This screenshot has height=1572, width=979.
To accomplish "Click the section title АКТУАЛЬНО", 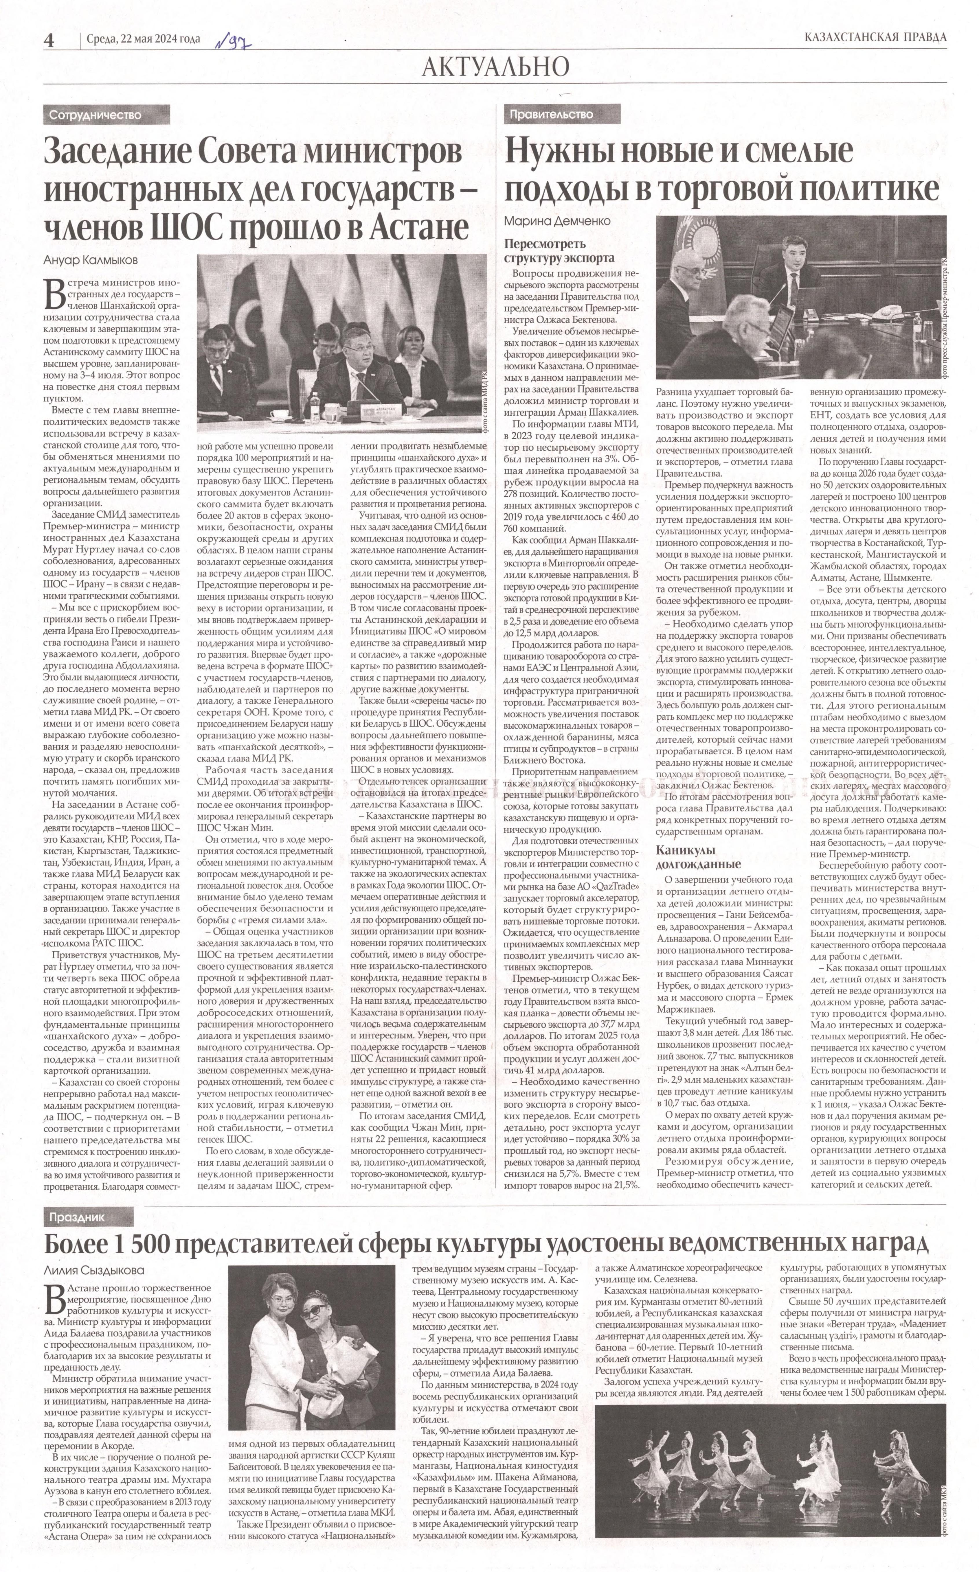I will [495, 67].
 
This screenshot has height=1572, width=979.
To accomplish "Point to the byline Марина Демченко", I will [557, 221].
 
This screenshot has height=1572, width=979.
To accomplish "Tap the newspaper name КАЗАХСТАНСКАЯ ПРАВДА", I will [875, 37].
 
